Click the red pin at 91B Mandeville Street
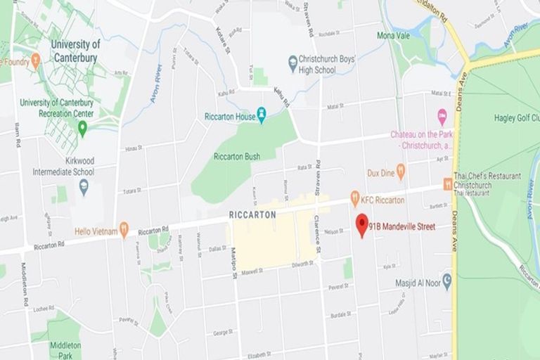click(x=362, y=225)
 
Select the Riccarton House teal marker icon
click(x=262, y=113)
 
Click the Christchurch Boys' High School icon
click(x=293, y=64)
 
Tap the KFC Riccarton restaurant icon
click(x=355, y=200)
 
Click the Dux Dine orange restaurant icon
click(x=401, y=170)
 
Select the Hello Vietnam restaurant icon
click(x=124, y=229)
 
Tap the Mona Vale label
click(x=395, y=35)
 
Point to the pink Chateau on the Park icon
click(x=442, y=115)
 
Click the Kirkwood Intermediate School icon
click(x=84, y=186)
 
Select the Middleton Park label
click(x=65, y=350)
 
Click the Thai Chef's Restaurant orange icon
click(x=447, y=184)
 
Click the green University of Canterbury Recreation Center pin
click(x=82, y=128)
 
